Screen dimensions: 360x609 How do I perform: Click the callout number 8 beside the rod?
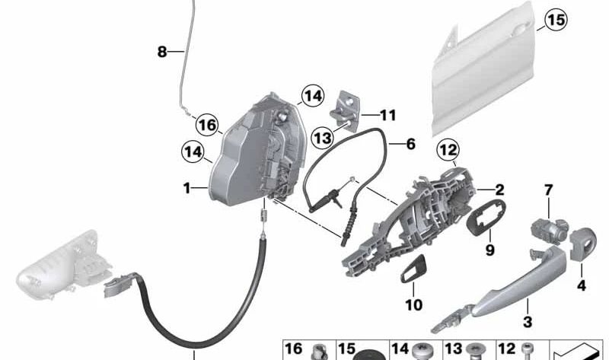pos(161,52)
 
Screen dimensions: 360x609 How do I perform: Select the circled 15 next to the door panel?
pos(556,21)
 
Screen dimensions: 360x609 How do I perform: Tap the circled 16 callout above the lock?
pos(206,123)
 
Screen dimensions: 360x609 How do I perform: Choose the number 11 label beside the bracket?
pos(388,116)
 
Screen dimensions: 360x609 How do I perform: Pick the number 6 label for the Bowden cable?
pos(411,142)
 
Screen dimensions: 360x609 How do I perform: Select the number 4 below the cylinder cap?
pos(582,287)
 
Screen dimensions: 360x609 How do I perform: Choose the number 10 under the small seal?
pos(413,305)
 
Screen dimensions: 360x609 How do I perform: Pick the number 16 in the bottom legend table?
pos(293,349)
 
